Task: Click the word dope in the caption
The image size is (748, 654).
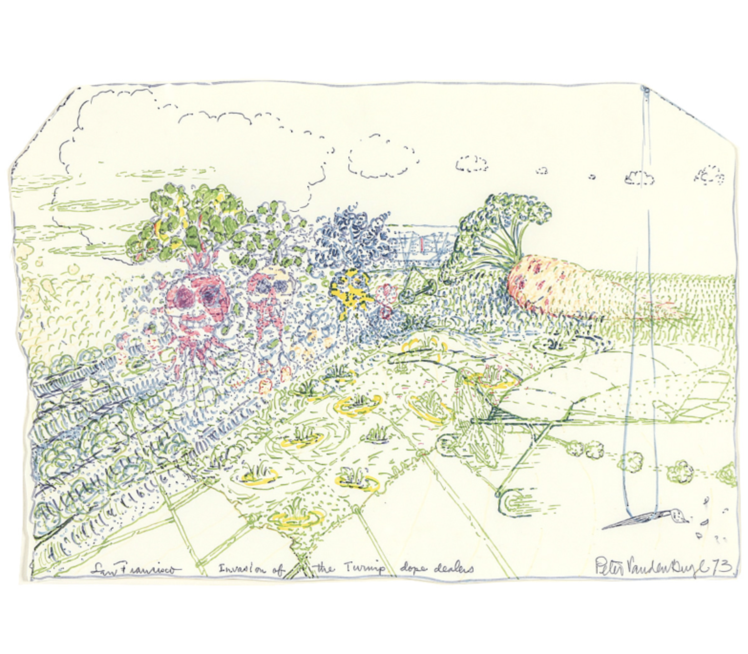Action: [410, 569]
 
